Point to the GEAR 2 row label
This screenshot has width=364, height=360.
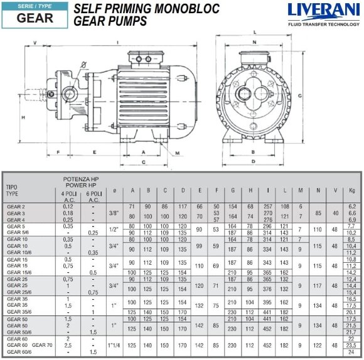16,206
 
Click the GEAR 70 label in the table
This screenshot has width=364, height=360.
43,345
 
